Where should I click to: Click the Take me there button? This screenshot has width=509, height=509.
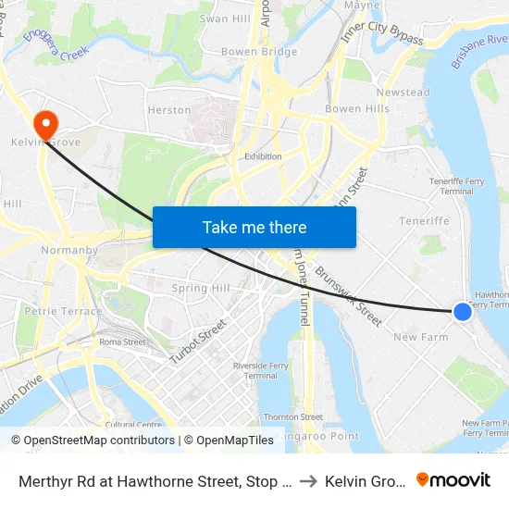pyautogui.click(x=254, y=227)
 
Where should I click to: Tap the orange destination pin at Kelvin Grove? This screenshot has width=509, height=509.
pyautogui.click(x=44, y=124)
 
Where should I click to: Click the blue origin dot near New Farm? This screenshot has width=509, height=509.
pyautogui.click(x=463, y=313)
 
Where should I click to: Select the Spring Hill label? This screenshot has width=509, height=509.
pyautogui.click(x=201, y=289)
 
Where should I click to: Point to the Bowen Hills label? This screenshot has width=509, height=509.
pyautogui.click(x=356, y=109)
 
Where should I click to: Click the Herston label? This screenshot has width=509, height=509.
pyautogui.click(x=169, y=110)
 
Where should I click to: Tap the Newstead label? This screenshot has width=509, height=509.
pyautogui.click(x=403, y=93)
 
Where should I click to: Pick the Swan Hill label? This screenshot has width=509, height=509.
pyautogui.click(x=225, y=19)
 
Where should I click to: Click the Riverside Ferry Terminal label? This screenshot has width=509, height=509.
pyautogui.click(x=261, y=370)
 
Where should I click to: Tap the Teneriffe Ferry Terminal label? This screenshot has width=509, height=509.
pyautogui.click(x=452, y=186)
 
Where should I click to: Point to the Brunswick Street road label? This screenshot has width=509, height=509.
pyautogui.click(x=348, y=296)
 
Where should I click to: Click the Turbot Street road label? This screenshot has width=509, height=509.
pyautogui.click(x=198, y=341)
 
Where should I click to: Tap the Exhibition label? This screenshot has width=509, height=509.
pyautogui.click(x=263, y=156)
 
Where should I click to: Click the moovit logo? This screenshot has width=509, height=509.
pyautogui.click(x=453, y=479)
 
